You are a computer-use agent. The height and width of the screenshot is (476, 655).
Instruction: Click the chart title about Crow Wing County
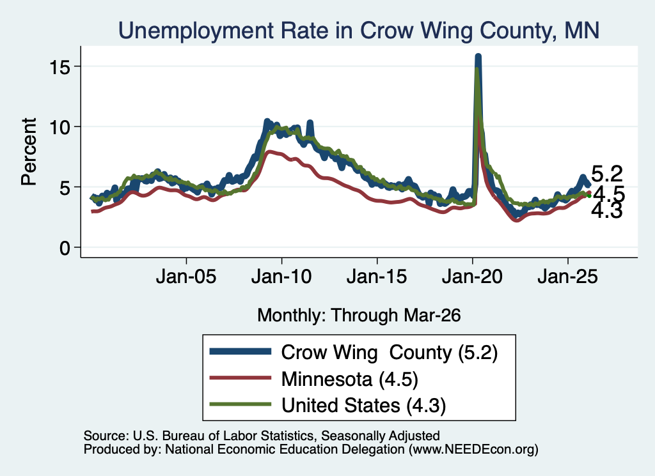pyautogui.click(x=359, y=31)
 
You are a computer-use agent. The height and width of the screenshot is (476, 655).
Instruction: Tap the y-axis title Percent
pyautogui.click(x=29, y=151)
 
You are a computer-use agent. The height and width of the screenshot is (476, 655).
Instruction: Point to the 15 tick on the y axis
pyautogui.click(x=59, y=66)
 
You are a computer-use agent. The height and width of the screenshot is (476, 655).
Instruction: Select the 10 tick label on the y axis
pyautogui.click(x=59, y=127)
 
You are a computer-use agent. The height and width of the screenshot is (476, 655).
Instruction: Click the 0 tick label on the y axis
pyautogui.click(x=65, y=248)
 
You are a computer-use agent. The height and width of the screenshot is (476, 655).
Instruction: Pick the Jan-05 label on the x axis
pyautogui.click(x=186, y=277)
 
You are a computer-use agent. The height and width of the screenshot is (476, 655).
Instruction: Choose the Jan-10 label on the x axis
pyautogui.click(x=281, y=277)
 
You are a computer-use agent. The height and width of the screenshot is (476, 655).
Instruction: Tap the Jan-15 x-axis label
pyautogui.click(x=377, y=277)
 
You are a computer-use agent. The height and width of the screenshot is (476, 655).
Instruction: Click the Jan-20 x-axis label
pyautogui.click(x=473, y=277)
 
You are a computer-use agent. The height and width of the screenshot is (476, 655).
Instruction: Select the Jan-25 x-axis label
pyautogui.click(x=568, y=277)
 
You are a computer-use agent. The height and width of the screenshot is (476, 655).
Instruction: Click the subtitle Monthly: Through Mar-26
pyautogui.click(x=359, y=315)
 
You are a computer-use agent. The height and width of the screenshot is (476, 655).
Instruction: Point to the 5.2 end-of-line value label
pyautogui.click(x=607, y=174)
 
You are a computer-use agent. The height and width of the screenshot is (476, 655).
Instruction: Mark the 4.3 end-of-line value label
pyautogui.click(x=607, y=211)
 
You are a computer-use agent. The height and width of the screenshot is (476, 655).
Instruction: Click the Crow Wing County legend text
pyautogui.click(x=390, y=353)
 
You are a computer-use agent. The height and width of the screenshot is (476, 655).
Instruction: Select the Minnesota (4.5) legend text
pyautogui.click(x=350, y=380)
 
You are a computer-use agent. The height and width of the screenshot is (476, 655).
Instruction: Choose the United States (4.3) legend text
pyautogui.click(x=363, y=406)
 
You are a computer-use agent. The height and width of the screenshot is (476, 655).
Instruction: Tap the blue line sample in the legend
pyautogui.click(x=241, y=351)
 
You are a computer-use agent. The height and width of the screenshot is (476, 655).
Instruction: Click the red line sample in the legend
pyautogui.click(x=241, y=378)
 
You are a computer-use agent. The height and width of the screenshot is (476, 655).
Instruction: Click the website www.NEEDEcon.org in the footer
pyautogui.click(x=473, y=449)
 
